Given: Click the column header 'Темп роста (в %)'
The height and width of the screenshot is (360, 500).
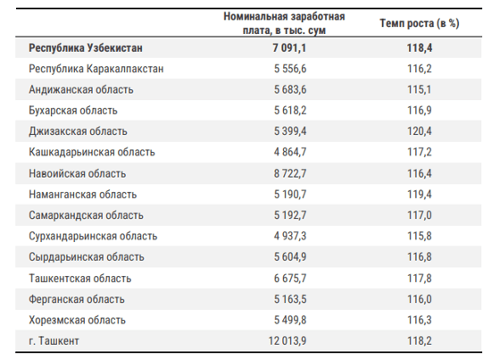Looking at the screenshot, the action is point(420,23).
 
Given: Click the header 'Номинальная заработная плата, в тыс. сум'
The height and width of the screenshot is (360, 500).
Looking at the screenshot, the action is point(284,23).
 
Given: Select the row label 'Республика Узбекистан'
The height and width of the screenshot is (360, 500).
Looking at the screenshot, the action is point(86,48).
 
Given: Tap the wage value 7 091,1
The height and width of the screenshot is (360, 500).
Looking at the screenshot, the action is point(289,48).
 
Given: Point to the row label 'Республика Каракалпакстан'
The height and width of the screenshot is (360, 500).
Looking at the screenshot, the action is point(96,69).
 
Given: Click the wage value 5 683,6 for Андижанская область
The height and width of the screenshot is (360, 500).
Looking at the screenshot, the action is point(290,89).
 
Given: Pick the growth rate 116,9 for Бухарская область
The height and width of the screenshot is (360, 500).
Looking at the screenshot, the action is point(420,111).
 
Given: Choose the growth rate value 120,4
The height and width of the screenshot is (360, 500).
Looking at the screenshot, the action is point(420,131).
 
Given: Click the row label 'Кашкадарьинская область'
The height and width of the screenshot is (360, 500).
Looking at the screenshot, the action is point(92,152).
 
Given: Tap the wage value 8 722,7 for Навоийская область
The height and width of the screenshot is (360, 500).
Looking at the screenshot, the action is point(290,173).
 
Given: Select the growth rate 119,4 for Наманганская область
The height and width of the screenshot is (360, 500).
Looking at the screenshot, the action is point(420,195).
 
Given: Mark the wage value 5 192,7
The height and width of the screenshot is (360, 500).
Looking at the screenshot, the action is point(290,215).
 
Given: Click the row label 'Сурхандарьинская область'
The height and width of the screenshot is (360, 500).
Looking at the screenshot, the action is point(93,236).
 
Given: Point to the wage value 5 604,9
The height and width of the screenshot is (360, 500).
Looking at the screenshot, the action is point(290,257).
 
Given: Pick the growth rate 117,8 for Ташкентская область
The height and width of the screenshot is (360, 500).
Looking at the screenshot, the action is point(420,279).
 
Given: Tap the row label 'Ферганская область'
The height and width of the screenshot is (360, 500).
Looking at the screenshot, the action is point(77,299).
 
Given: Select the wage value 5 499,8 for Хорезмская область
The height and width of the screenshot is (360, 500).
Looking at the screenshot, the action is point(290,320).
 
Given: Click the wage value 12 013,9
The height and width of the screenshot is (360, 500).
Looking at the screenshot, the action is point(287,341).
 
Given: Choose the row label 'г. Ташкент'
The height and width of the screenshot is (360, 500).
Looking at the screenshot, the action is point(54,341).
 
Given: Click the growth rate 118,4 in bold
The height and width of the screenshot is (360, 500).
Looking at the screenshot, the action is point(420,48).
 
